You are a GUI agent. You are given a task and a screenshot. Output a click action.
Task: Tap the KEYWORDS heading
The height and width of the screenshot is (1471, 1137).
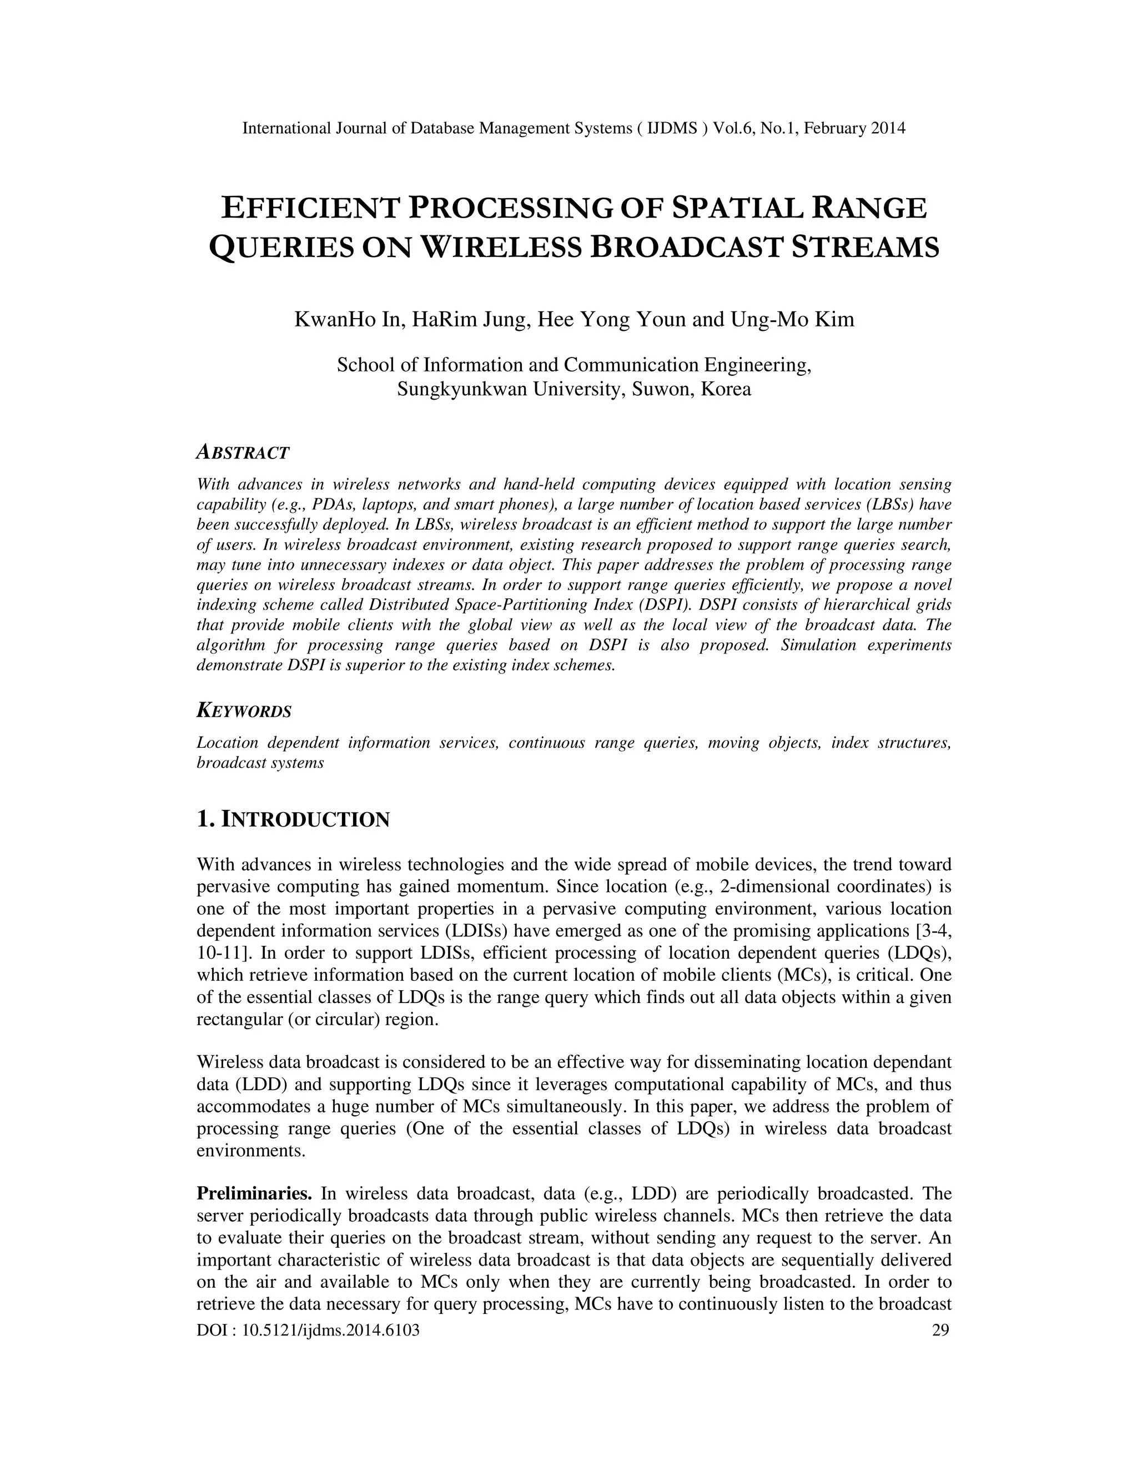[244, 711]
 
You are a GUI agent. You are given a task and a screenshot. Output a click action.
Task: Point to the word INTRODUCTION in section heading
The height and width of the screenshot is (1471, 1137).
[305, 820]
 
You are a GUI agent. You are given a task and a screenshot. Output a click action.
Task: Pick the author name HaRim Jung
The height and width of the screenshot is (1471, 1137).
[469, 319]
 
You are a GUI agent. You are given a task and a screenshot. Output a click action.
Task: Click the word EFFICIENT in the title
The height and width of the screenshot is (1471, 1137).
[310, 208]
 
